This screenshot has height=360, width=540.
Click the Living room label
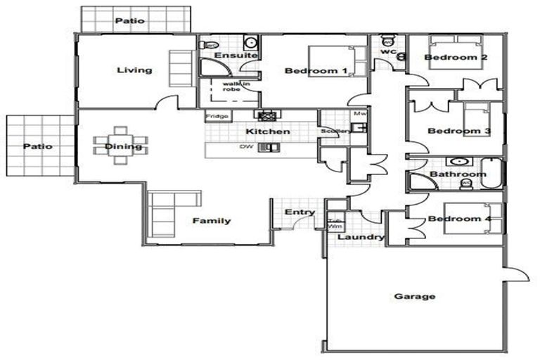134,70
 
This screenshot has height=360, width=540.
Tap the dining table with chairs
120,145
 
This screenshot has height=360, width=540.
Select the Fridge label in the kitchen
215,117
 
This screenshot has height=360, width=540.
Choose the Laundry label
361,238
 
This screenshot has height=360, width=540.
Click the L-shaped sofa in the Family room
166,210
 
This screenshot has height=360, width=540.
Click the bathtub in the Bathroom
494,173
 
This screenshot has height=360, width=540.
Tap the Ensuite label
229,56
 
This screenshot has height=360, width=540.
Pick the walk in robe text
231,86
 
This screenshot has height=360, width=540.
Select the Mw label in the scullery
359,112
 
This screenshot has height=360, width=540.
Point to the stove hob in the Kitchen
267,116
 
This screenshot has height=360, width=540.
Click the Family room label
212,221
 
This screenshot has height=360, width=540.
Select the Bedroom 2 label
456,57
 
